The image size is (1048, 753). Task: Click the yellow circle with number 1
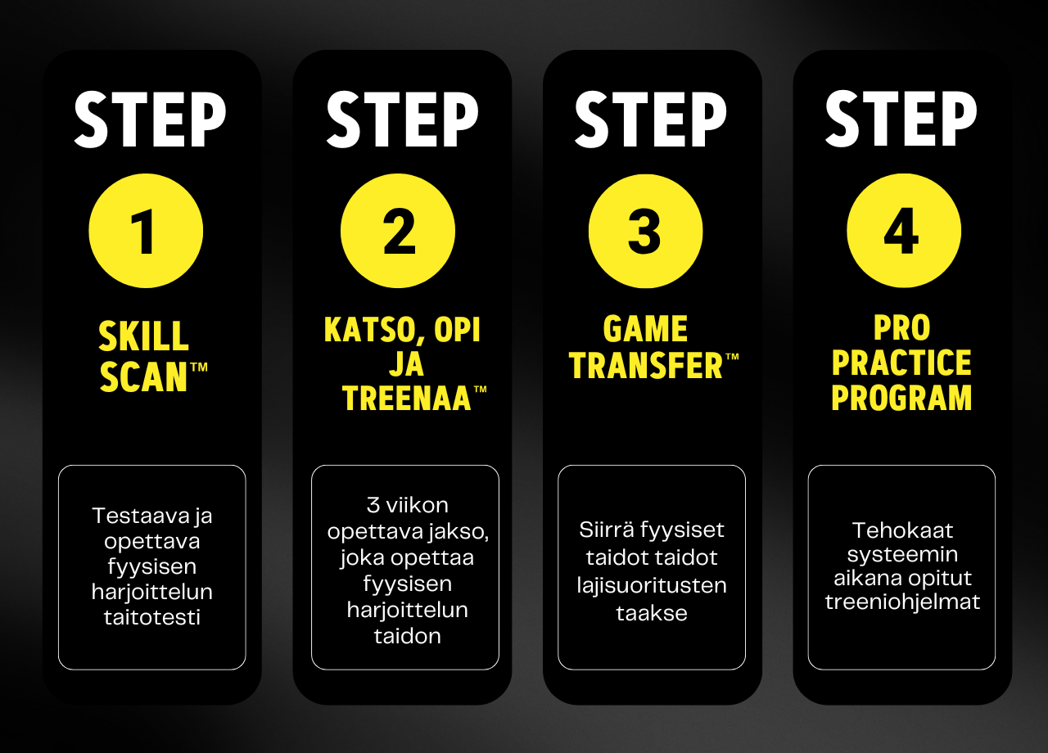click(146, 231)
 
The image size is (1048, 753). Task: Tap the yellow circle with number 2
click(398, 231)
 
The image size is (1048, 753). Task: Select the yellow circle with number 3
click(646, 231)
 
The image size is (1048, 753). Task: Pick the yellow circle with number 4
click(904, 231)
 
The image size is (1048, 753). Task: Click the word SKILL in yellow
click(143, 336)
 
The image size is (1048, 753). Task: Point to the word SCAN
click(143, 376)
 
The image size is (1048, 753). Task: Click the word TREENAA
click(407, 398)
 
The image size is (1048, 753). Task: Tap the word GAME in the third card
click(646, 329)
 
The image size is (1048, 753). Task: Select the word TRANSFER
click(646, 365)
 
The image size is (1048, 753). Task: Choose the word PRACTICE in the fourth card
click(901, 363)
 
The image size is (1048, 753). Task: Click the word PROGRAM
click(901, 398)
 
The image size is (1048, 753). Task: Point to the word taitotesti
click(152, 617)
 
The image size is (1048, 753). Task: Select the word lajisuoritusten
click(652, 585)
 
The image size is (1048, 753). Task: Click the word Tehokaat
click(902, 530)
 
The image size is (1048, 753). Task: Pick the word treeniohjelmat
click(902, 602)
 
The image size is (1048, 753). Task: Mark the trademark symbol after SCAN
click(199, 367)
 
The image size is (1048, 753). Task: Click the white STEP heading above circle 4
click(901, 119)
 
